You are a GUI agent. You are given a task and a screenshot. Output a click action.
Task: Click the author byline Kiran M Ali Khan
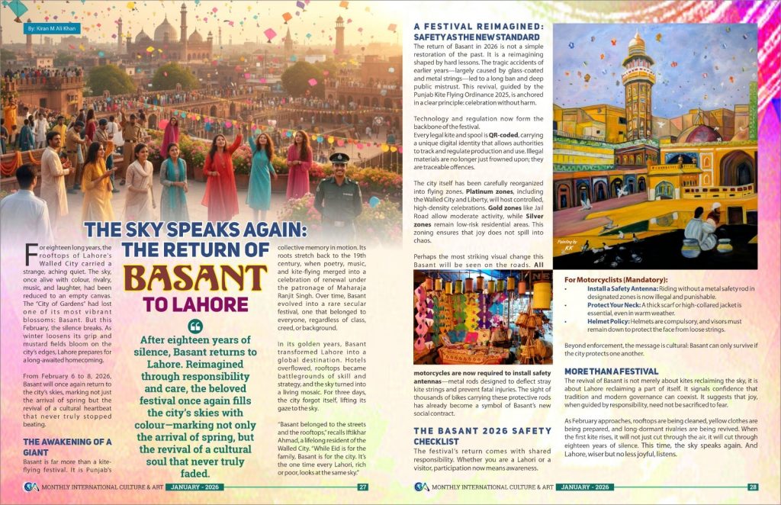point(54,27)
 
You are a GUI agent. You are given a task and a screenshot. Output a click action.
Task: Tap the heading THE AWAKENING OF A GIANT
point(66,446)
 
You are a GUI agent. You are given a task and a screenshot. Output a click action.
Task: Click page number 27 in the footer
point(363,487)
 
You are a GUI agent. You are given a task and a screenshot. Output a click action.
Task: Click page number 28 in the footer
point(752,487)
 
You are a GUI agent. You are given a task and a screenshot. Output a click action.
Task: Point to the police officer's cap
point(338,158)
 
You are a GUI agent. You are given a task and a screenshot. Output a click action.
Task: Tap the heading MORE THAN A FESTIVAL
point(611,371)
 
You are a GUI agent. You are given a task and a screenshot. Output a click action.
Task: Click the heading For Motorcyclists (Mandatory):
point(615,280)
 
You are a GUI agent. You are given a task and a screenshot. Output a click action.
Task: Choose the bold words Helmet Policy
point(609,322)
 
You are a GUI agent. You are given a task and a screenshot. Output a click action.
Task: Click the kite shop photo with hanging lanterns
point(483,317)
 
